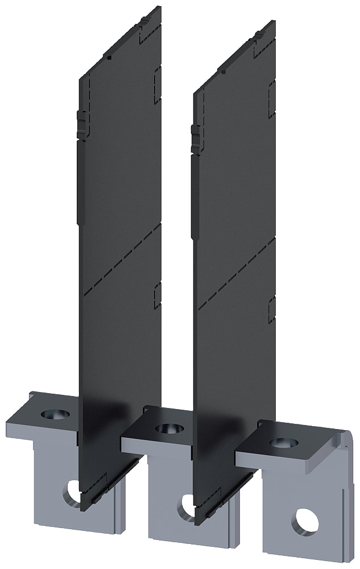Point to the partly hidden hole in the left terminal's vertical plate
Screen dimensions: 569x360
coord(73,490)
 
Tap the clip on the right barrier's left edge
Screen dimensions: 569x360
coord(196,139)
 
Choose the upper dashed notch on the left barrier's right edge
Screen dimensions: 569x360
coord(158,74)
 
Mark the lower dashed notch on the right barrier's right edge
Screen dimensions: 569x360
coord(272,307)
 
